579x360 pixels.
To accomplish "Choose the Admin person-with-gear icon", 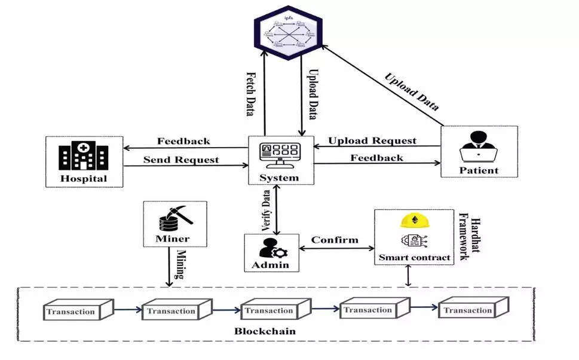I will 272,246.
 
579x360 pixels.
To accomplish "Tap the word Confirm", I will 335,240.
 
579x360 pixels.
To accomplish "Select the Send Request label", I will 181,160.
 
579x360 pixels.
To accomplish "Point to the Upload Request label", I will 373,141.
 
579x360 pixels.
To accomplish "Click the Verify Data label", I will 265,211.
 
